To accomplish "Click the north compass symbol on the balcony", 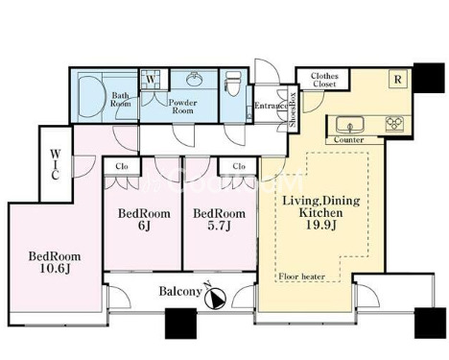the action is pos(215,299).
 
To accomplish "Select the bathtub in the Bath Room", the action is pos(92,96).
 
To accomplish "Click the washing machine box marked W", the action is pos(151,80).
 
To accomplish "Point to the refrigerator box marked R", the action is pos(397,79).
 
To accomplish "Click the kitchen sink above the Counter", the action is pos(349,125).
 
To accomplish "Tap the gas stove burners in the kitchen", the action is pos(394,124).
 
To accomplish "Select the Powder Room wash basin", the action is pos(193,80).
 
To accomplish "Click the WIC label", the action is pos(55,164).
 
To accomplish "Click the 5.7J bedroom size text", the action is pos(219,226).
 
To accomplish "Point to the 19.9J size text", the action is pos(320,225).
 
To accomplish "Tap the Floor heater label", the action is pos(302,276).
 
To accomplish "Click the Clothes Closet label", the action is pos(324,80).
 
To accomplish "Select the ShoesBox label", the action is pos(293,109).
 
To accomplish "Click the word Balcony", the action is pos(180,291).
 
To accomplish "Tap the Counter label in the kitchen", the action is pos(348,140).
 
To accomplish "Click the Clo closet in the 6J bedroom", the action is pos(122,166).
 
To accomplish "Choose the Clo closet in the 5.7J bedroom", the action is pos(238,166).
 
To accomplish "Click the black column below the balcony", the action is pos(180,324).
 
